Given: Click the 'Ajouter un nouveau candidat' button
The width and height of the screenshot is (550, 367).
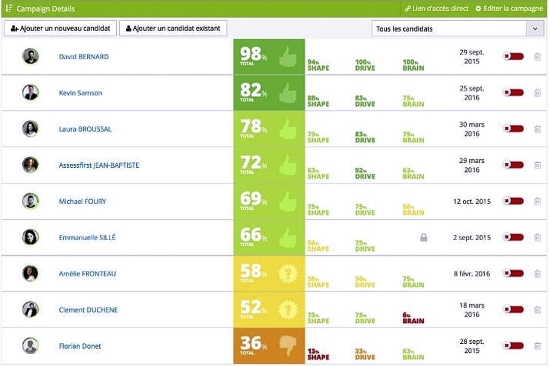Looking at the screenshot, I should click(61, 28).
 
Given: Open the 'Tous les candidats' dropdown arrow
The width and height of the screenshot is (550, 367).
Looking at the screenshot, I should click(535, 29).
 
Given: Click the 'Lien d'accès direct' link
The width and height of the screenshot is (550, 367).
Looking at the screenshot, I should click(437, 9).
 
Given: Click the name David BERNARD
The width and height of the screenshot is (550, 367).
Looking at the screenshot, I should click(84, 57).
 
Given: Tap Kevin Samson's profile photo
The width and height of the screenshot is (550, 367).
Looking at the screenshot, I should click(31, 92).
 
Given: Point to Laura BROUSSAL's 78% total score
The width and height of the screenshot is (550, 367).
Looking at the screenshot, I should click(253, 127).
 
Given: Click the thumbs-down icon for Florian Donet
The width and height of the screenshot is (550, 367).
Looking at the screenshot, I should click(287, 345).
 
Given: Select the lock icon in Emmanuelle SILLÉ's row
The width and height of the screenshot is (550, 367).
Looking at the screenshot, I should click(424, 237).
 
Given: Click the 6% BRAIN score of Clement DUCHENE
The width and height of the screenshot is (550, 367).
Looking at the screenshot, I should click(413, 318).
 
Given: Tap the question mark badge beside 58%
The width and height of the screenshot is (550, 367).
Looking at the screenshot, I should click(287, 274).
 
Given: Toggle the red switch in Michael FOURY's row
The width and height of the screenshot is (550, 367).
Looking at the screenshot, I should click(513, 201).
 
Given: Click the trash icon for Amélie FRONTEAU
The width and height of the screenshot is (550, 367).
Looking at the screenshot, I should click(537, 274).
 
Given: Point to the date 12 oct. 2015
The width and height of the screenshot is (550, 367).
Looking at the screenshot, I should click(472, 201).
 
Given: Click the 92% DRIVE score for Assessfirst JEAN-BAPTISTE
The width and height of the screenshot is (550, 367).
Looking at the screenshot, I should click(365, 173).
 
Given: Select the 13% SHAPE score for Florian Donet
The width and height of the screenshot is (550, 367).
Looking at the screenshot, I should click(318, 354).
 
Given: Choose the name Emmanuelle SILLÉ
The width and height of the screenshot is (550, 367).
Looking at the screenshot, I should click(87, 237).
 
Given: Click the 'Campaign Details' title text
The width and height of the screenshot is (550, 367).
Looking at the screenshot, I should click(46, 9).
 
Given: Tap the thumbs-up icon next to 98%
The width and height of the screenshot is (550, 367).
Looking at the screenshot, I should click(287, 57).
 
